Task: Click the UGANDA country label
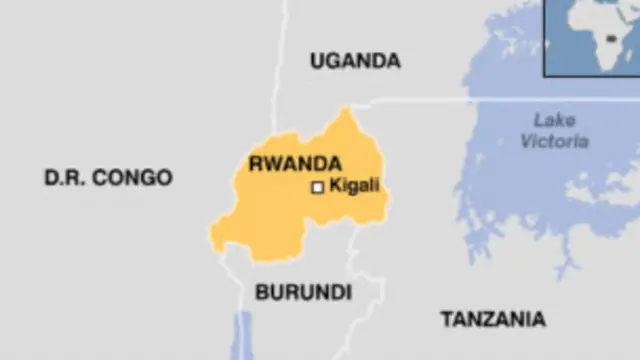(355, 61)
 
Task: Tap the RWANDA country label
(295, 164)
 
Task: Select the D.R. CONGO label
(108, 178)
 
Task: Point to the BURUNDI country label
(303, 293)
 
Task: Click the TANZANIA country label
(493, 320)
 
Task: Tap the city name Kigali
(356, 186)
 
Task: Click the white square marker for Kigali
(318, 187)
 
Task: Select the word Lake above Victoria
(554, 120)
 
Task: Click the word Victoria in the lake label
(554, 142)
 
